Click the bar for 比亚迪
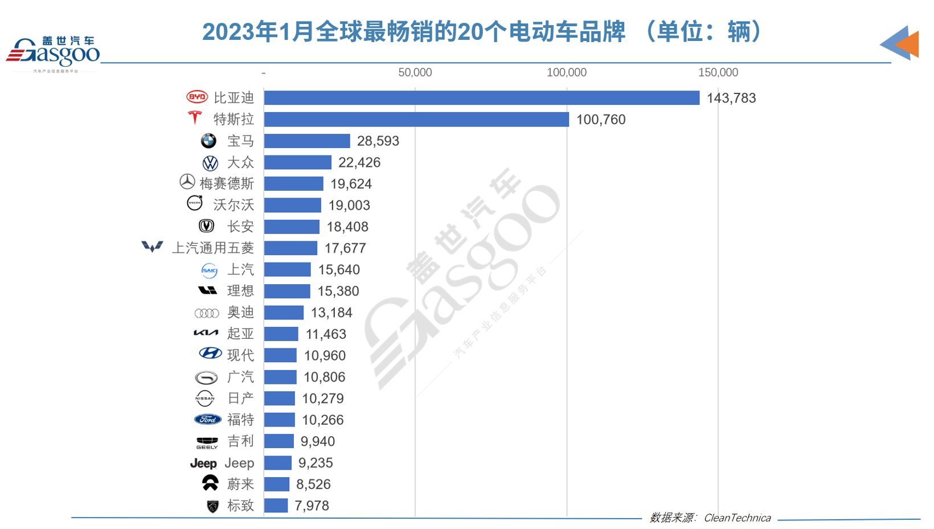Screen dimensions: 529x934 point(481,98)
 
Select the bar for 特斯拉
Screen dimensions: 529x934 point(416,120)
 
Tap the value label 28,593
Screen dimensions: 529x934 point(378,141)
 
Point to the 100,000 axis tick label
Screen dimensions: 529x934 point(566,73)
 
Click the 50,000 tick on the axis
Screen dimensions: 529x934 point(415,73)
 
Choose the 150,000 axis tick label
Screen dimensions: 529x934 point(718,73)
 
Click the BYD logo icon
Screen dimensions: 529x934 point(197,97)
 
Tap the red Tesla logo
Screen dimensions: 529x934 point(195,118)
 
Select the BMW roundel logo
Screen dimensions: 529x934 point(208,141)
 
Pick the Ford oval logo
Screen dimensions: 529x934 point(208,420)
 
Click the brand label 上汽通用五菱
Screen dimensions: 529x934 point(213,248)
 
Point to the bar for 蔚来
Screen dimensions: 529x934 point(277,484)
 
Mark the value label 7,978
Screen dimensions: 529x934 point(312,506)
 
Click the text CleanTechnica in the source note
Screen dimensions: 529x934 point(737,518)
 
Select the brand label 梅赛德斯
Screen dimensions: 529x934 point(227,184)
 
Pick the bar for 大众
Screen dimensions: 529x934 point(297,162)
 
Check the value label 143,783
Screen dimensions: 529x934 point(731,99)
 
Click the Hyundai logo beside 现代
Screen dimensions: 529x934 point(210,354)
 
